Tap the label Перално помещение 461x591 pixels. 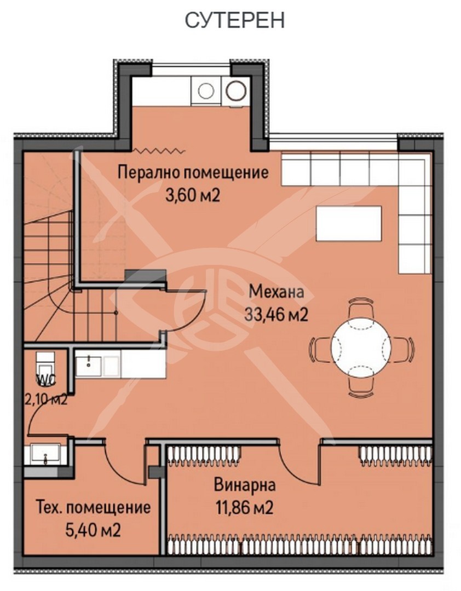pyautogui.click(x=193, y=173)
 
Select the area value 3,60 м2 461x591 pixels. pyautogui.click(x=192, y=195)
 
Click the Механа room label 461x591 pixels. pyautogui.click(x=276, y=292)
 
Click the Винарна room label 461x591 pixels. pyautogui.click(x=244, y=485)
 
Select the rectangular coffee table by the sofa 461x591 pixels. pyautogui.click(x=349, y=223)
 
